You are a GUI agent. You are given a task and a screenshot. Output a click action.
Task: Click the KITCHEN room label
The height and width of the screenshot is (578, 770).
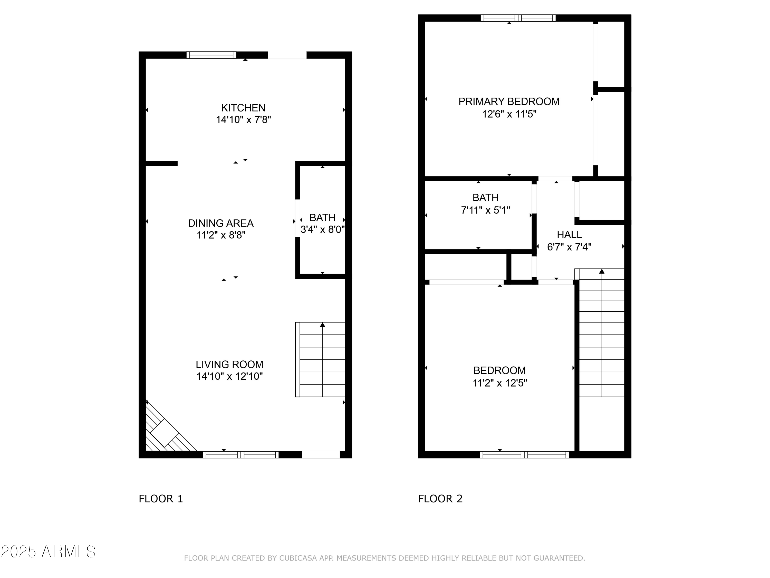click(243, 108)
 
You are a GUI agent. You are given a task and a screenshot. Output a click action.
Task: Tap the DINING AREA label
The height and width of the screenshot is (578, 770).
click(221, 223)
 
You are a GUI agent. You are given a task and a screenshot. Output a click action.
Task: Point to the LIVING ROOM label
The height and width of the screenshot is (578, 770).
click(229, 365)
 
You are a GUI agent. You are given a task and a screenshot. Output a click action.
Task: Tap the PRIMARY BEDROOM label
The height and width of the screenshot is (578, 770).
click(508, 101)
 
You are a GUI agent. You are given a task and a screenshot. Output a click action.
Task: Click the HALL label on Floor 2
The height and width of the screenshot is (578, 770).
click(569, 235)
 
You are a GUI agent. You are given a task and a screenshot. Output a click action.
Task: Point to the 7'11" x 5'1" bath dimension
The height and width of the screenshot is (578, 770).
click(485, 210)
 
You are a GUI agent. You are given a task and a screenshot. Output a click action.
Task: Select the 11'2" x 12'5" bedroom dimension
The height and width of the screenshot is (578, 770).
click(499, 383)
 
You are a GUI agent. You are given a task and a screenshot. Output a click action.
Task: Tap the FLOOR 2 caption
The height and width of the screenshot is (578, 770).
click(440, 499)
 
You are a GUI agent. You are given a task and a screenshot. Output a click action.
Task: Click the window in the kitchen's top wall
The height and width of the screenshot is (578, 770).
click(211, 55)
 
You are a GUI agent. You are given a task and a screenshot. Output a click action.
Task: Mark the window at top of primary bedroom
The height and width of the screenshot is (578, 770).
click(518, 18)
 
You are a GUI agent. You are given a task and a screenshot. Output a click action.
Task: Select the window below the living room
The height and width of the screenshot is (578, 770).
click(240, 455)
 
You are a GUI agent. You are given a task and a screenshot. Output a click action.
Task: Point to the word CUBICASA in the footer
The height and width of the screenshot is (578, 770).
click(298, 558)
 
